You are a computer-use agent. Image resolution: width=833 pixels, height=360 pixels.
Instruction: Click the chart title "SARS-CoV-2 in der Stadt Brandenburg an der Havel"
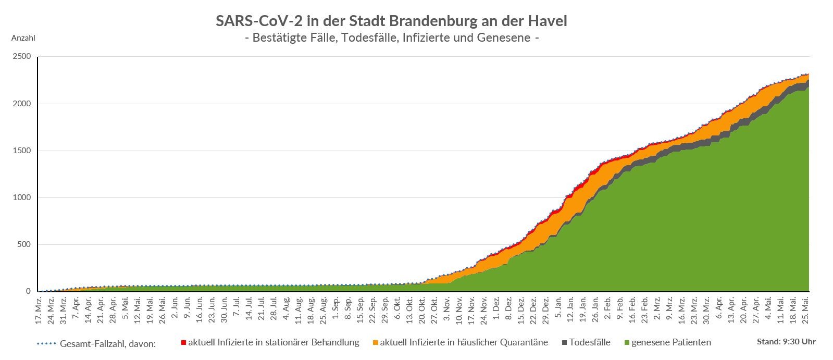click(x=391, y=21)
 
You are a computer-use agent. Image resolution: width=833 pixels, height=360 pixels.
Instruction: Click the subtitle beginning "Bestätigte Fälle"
click(x=391, y=38)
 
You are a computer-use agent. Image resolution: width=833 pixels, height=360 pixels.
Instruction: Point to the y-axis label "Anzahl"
click(x=23, y=38)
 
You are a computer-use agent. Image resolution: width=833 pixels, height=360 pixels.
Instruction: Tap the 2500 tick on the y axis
click(x=22, y=56)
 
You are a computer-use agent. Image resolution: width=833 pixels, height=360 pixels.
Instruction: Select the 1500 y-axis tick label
click(x=22, y=151)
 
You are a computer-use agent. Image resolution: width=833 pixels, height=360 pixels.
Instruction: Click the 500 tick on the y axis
click(x=24, y=244)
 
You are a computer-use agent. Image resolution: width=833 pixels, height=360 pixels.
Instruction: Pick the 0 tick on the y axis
click(x=28, y=291)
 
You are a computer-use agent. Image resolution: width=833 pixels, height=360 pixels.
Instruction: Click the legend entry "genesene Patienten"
click(x=671, y=342)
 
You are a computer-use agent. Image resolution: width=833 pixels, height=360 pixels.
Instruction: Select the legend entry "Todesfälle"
click(x=590, y=342)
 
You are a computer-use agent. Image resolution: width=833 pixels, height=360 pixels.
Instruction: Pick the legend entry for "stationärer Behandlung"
click(x=273, y=342)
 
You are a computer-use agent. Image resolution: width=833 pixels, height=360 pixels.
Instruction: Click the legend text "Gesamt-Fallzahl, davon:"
click(x=108, y=344)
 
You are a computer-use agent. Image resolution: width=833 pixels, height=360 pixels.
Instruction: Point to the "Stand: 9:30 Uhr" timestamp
click(x=786, y=342)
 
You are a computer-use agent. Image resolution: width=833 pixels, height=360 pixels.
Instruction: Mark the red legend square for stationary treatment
click(x=183, y=342)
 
